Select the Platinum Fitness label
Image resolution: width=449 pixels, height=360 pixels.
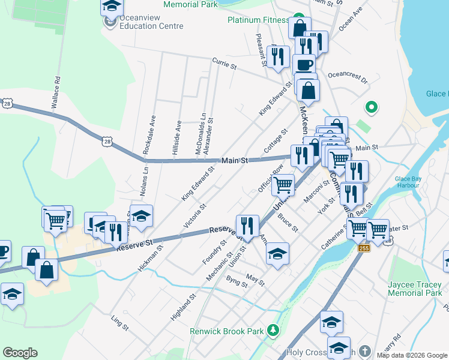[x=259, y=20]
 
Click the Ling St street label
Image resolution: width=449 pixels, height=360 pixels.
[x=120, y=323]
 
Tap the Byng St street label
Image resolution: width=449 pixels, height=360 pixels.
[x=237, y=281]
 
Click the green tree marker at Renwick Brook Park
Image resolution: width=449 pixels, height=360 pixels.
[x=274, y=330]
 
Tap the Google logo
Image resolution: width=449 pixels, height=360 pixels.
[x=20, y=353]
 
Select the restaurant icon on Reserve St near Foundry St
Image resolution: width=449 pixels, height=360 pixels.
[x=247, y=226]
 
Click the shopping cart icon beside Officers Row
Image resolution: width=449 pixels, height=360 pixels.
[x=283, y=184]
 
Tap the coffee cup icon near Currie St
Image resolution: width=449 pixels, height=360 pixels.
[x=304, y=65]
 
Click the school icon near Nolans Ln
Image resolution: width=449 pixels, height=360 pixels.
[x=141, y=216]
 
